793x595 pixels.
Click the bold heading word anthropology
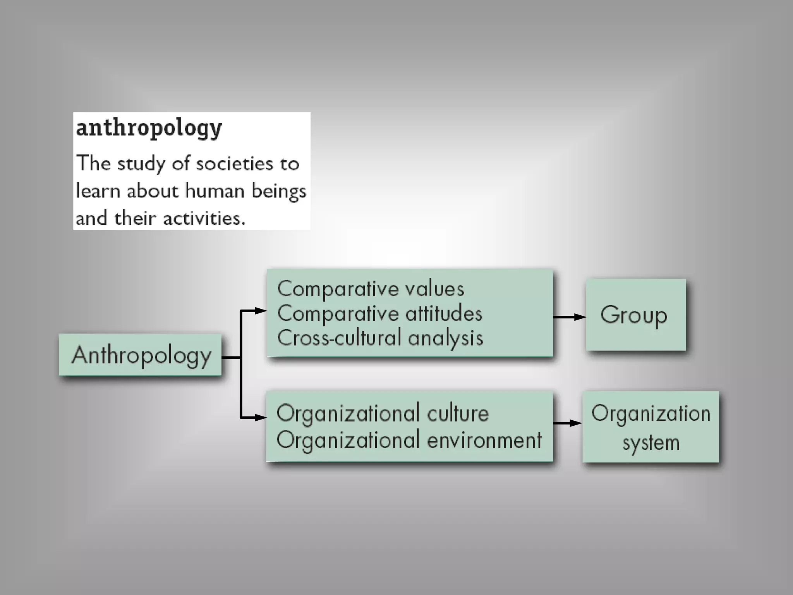(x=149, y=128)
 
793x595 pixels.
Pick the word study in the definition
(x=141, y=164)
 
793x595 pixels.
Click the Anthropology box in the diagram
(x=140, y=355)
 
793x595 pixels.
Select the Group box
(x=635, y=315)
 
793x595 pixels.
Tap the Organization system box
(x=651, y=427)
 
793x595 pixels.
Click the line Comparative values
(x=371, y=289)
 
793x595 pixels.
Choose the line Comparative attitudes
(x=380, y=313)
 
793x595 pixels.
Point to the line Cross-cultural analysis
(x=380, y=338)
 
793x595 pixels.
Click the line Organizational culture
(x=383, y=413)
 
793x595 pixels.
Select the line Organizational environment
(x=409, y=440)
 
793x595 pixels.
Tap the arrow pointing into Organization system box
(x=568, y=423)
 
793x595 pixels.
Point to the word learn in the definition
(x=98, y=191)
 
